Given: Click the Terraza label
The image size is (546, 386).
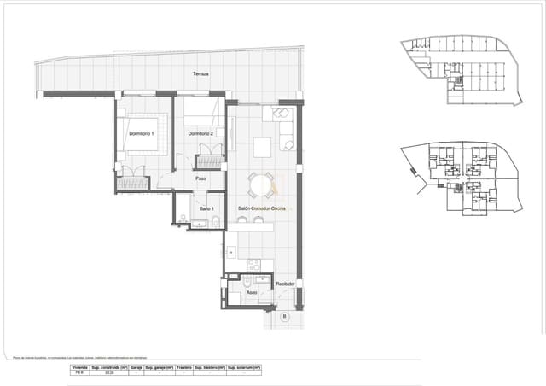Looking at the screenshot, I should point(201,74).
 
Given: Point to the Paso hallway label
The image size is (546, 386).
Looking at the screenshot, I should point(201,178).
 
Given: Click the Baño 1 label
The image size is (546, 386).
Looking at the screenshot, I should point(206,209).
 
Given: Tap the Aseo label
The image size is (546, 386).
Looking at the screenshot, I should point(252,293).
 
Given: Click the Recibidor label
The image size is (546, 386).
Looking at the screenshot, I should point(285,284).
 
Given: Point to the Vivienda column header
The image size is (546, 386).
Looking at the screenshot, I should point(77,366).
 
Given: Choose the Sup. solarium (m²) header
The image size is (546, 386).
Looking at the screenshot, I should point(244,366).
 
